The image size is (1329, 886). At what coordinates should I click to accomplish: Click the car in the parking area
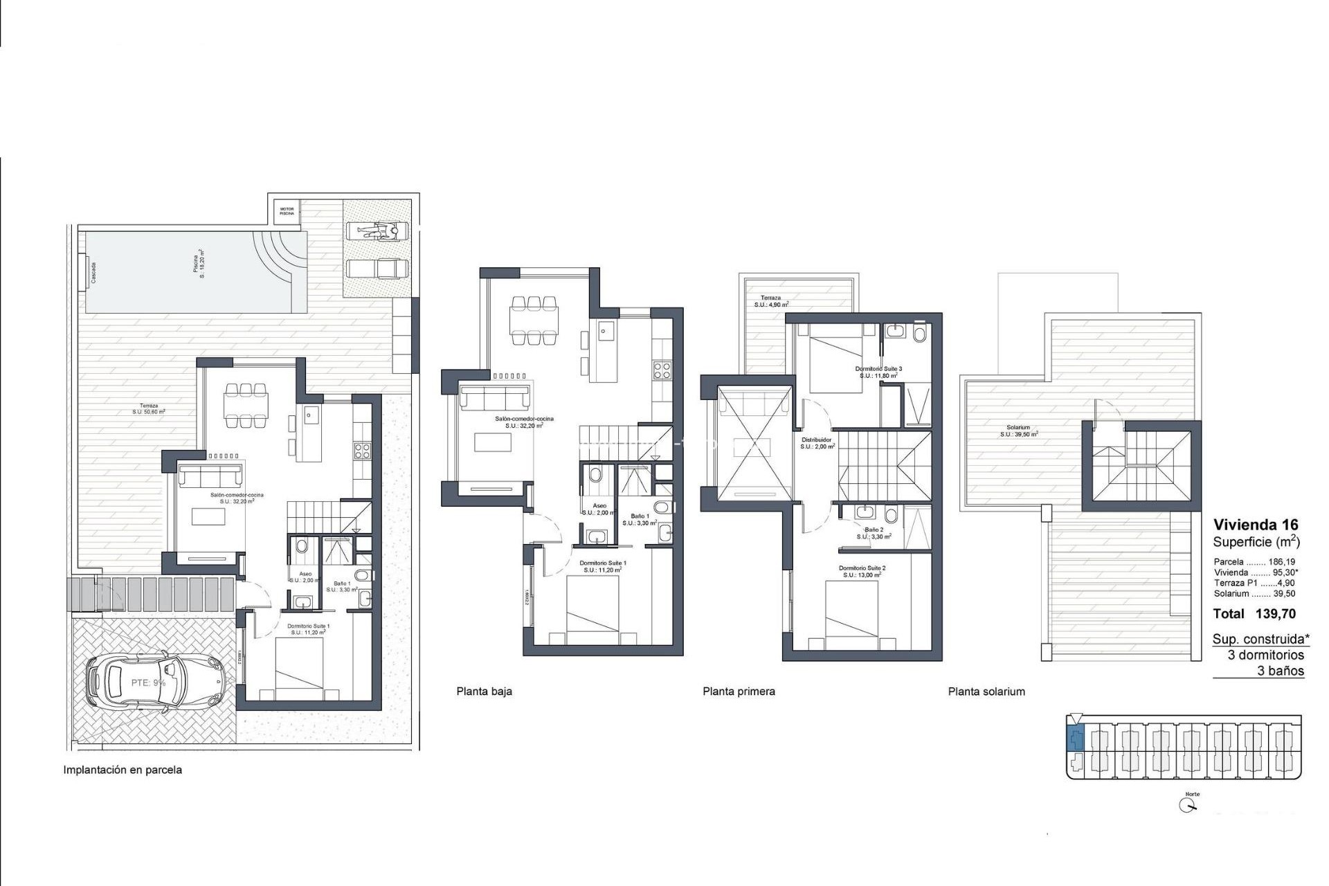click(x=156, y=684)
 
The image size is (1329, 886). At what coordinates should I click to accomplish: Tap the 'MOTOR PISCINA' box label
click(x=287, y=211)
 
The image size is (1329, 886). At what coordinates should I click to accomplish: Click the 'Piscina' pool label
click(x=198, y=266)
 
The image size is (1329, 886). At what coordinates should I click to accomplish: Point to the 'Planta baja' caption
click(x=484, y=691)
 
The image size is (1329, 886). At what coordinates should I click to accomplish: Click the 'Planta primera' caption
click(x=739, y=691)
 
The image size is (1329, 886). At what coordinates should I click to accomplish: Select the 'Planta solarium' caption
click(x=986, y=691)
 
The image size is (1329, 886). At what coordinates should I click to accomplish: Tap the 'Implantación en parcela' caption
click(x=123, y=770)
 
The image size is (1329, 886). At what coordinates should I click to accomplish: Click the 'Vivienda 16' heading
click(x=1256, y=525)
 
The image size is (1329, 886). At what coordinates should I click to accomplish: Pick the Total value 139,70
click(x=1275, y=613)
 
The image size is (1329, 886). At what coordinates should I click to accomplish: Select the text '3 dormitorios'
click(x=1265, y=655)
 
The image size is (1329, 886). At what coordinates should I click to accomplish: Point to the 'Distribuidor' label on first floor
click(x=817, y=440)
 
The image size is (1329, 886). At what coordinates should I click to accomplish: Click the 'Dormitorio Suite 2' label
click(x=862, y=568)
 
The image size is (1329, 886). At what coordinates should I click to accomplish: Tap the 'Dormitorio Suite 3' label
click(x=878, y=369)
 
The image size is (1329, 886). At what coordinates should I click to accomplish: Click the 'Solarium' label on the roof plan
click(x=1018, y=428)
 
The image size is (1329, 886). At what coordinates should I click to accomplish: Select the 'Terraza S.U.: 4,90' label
click(x=770, y=301)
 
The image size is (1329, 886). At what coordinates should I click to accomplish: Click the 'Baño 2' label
click(x=874, y=530)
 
